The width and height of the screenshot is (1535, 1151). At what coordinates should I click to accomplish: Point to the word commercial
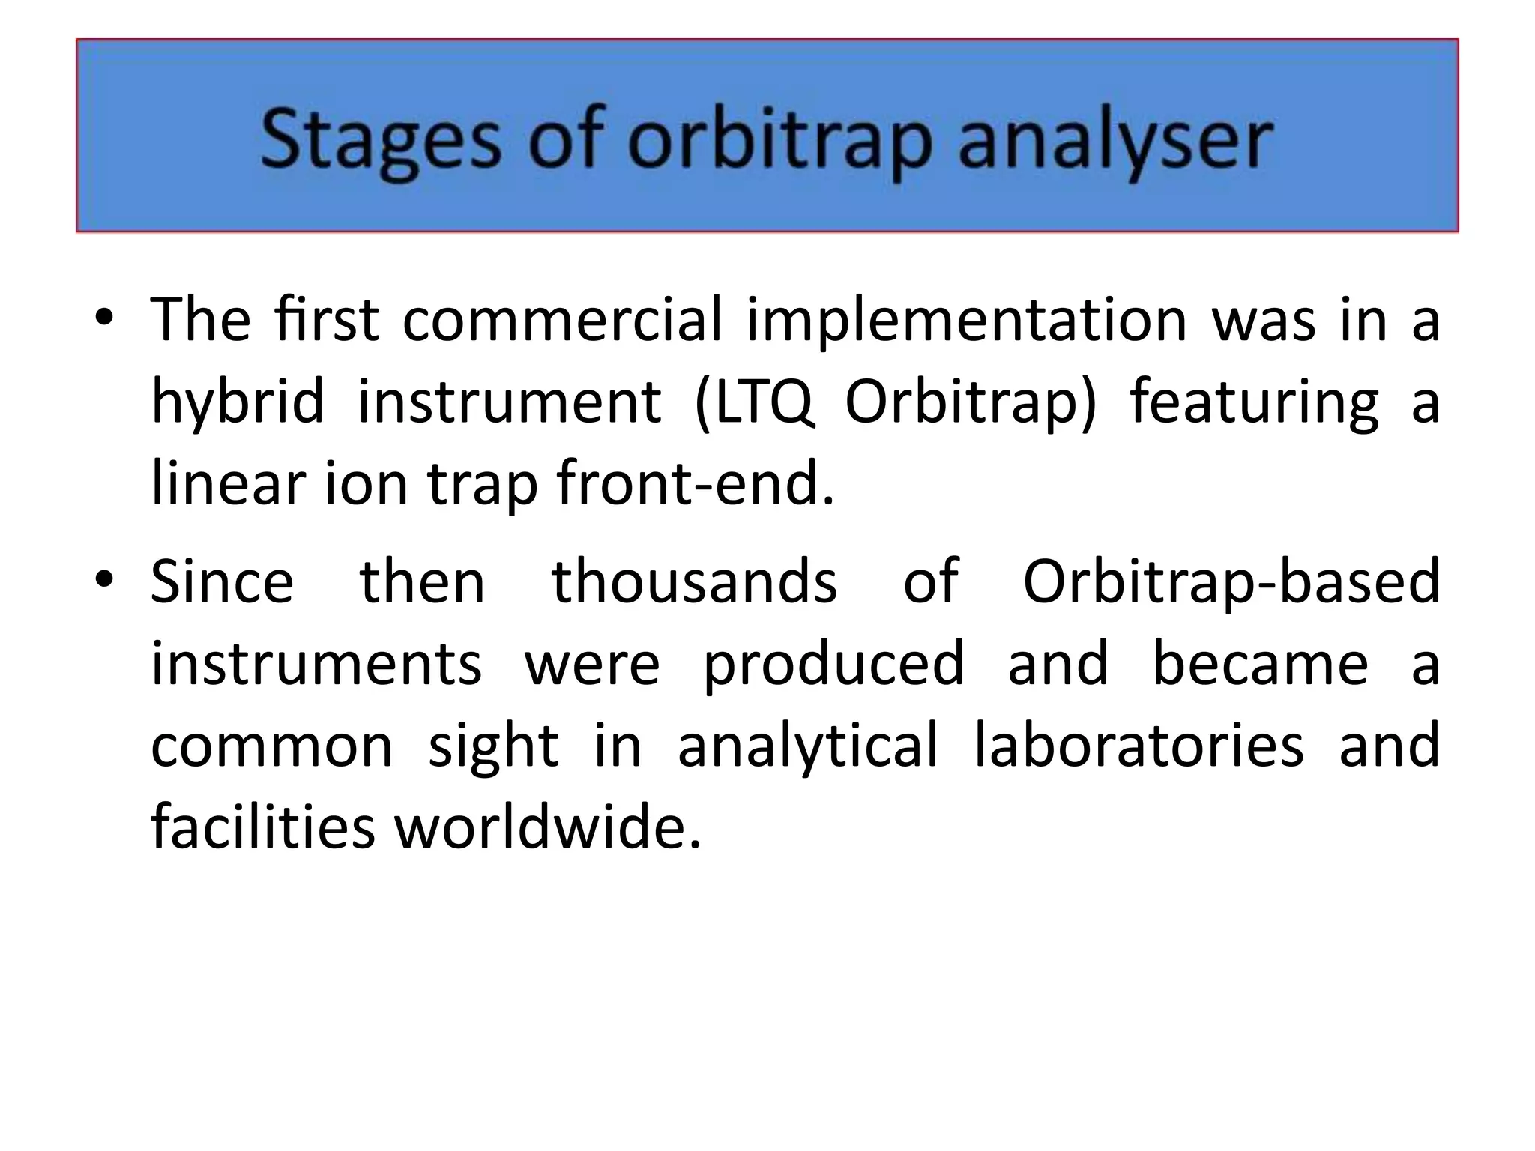click(x=562, y=321)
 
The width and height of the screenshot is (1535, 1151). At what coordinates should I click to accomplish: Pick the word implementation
click(x=967, y=321)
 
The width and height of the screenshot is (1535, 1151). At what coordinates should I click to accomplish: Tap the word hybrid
click(x=238, y=402)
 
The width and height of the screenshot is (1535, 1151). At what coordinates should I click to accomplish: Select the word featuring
click(x=1253, y=402)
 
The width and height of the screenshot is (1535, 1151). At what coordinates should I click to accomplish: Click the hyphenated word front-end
click(x=696, y=484)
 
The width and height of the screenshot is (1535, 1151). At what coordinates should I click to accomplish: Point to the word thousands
click(x=694, y=582)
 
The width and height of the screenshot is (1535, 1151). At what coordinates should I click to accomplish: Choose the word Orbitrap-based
click(x=1231, y=582)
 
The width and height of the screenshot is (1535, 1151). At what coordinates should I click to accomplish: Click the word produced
click(x=833, y=664)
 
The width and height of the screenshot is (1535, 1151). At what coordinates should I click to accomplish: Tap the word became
click(x=1260, y=664)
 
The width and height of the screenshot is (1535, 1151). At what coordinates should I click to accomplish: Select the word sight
click(x=493, y=746)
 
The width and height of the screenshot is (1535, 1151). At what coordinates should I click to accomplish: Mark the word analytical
click(x=807, y=746)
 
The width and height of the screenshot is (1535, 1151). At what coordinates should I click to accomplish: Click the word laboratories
click(x=1139, y=746)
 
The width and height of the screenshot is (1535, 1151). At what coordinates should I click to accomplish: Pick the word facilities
click(x=262, y=827)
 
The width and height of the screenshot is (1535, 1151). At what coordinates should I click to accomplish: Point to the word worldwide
click(x=548, y=827)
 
